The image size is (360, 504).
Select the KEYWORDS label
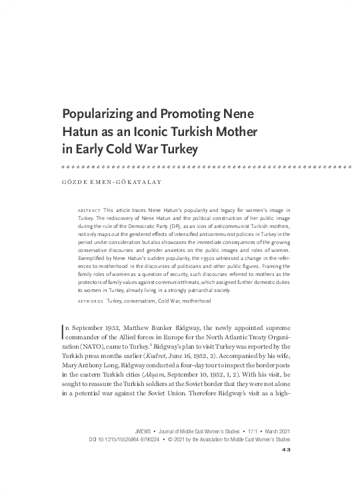click(x=91, y=301)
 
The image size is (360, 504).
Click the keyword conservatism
click(x=143, y=301)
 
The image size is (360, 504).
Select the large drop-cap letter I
click(x=63, y=330)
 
